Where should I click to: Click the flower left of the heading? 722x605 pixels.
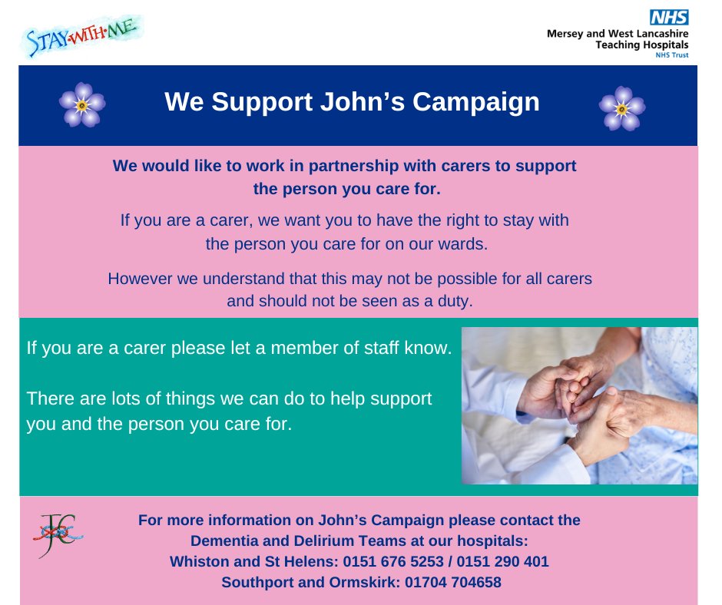82,104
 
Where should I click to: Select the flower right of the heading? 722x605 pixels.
621,107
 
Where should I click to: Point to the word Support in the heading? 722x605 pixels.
250,103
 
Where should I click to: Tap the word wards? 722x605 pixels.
466,245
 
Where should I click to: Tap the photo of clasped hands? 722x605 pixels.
579,405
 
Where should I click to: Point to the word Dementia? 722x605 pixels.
224,541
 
